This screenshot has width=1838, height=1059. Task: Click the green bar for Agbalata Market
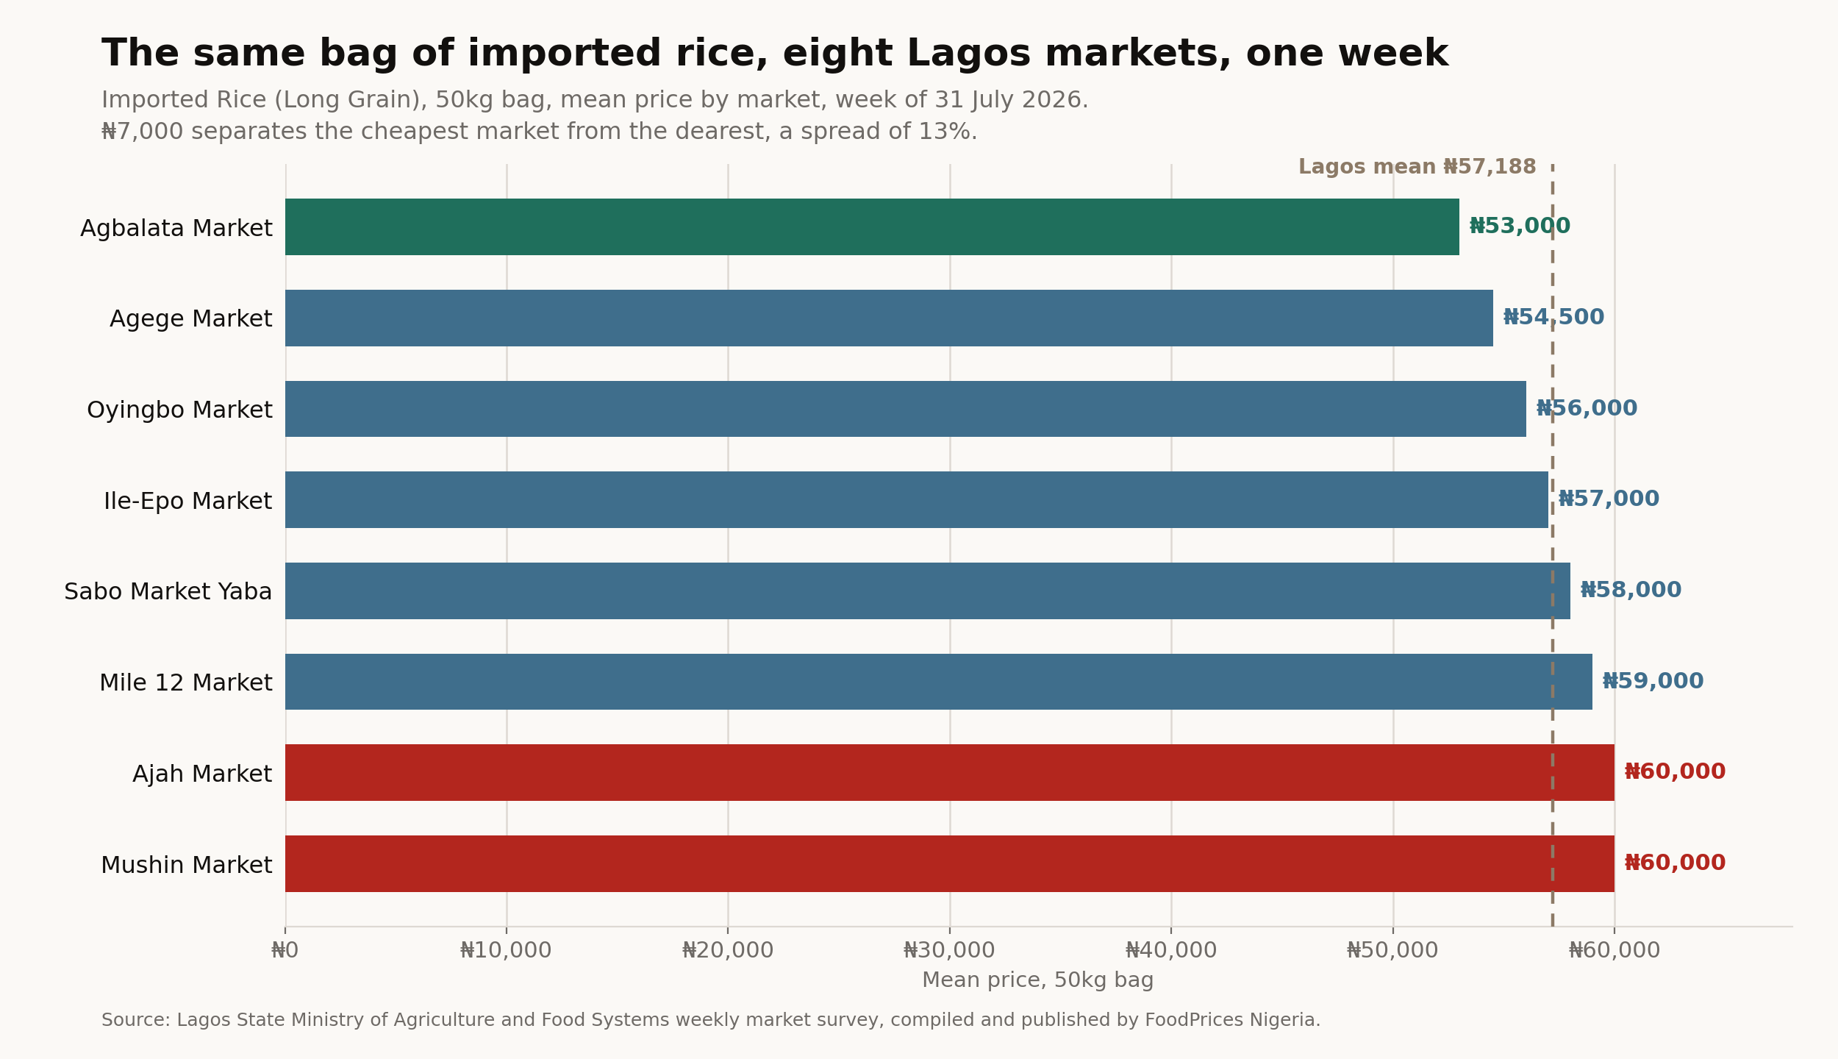point(872,227)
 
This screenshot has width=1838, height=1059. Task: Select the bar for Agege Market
point(889,318)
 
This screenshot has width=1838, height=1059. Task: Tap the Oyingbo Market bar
point(906,409)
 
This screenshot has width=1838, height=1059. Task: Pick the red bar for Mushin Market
point(950,863)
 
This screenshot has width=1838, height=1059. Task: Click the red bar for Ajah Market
point(950,772)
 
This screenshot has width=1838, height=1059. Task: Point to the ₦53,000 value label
point(1520,227)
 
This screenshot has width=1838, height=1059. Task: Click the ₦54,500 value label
point(1553,318)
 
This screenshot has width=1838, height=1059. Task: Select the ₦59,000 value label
point(1653,682)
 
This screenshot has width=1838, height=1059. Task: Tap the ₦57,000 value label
point(1609,499)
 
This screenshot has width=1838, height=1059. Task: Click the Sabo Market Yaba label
point(168,592)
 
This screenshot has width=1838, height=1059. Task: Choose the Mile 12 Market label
point(186,683)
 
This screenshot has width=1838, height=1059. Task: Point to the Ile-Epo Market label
point(188,502)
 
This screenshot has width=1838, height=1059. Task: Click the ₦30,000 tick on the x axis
point(949,951)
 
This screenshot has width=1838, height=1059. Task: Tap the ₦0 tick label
point(285,951)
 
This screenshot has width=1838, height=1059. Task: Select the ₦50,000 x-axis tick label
point(1392,951)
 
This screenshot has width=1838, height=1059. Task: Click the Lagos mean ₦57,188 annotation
point(1417,167)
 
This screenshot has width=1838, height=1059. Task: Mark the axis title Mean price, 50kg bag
point(1038,981)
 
